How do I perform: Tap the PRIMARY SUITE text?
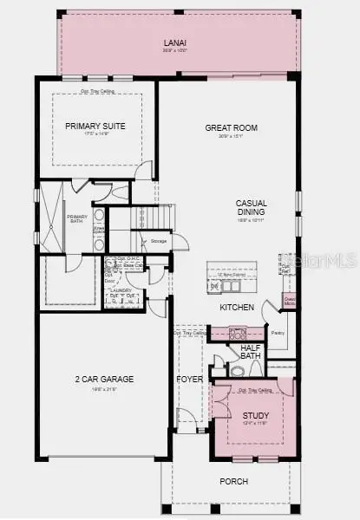tap(95, 127)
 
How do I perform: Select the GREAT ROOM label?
tap(231, 128)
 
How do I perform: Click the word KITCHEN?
tap(237, 308)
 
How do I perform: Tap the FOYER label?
tap(190, 380)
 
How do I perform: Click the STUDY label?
tap(256, 415)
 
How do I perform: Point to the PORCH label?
tap(233, 482)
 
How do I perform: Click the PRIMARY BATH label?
tap(77, 220)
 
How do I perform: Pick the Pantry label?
tap(278, 332)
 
